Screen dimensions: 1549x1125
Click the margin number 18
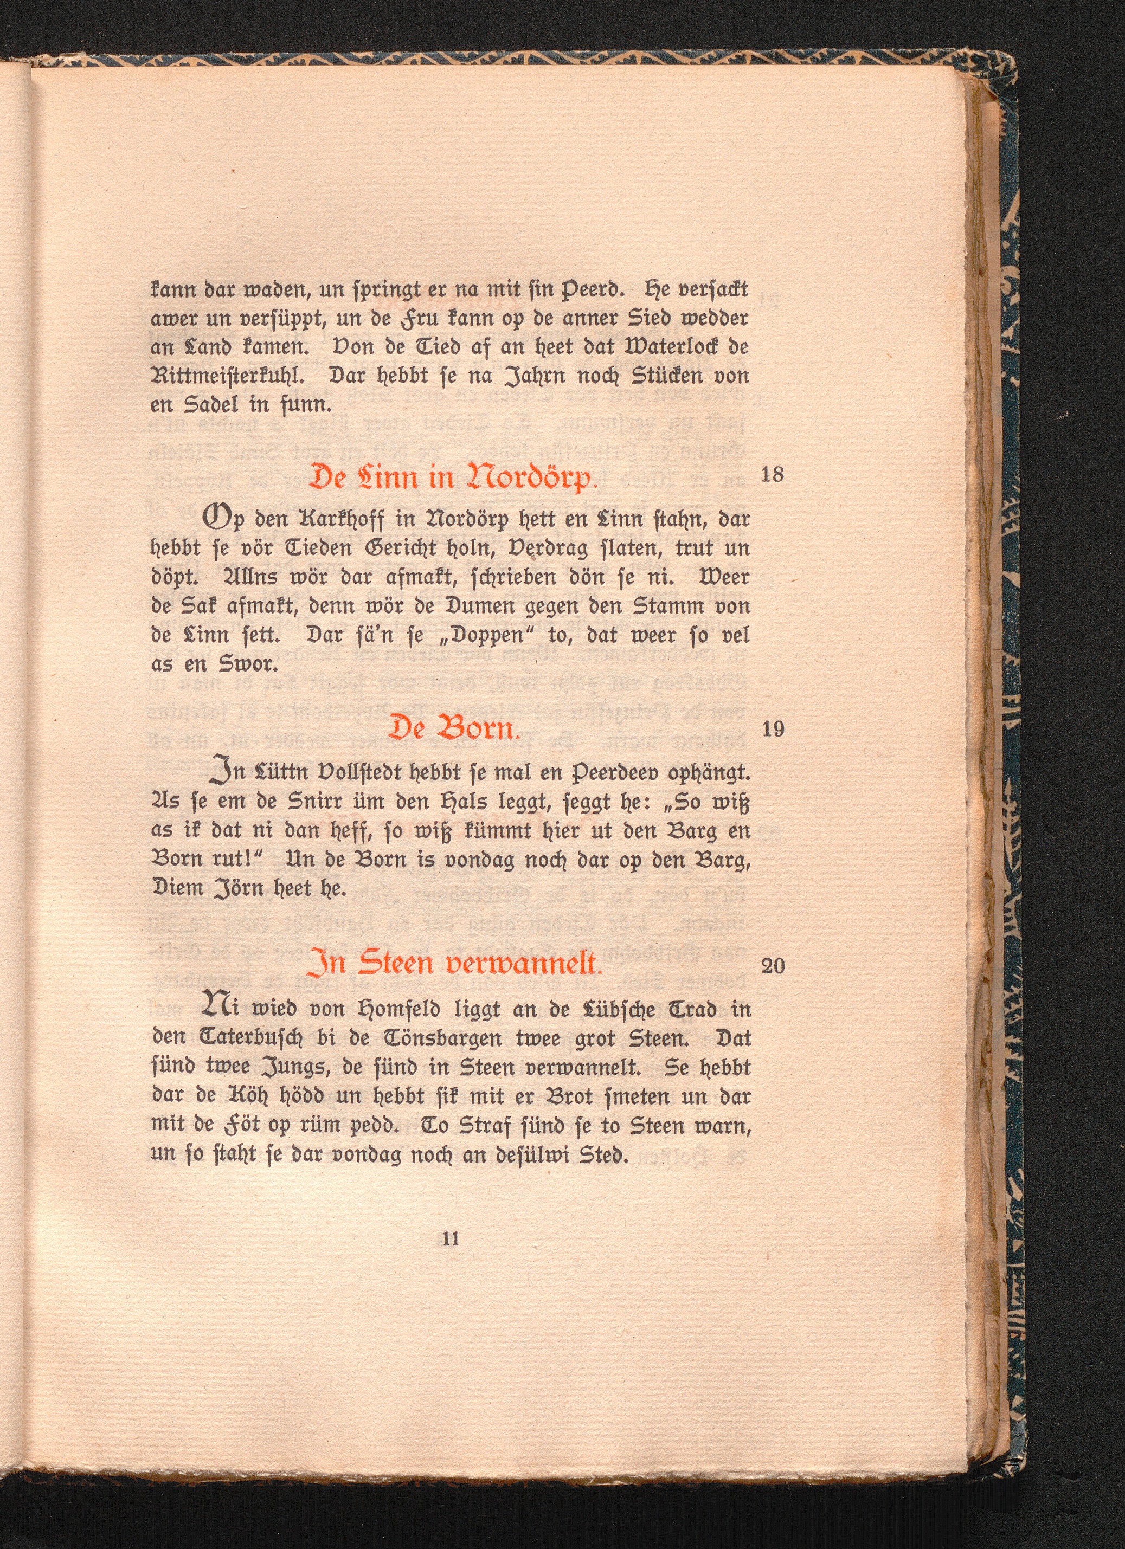coord(772,475)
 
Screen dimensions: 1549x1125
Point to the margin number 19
coord(772,730)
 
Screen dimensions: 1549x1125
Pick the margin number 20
coord(772,966)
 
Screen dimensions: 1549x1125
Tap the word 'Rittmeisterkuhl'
coord(232,376)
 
